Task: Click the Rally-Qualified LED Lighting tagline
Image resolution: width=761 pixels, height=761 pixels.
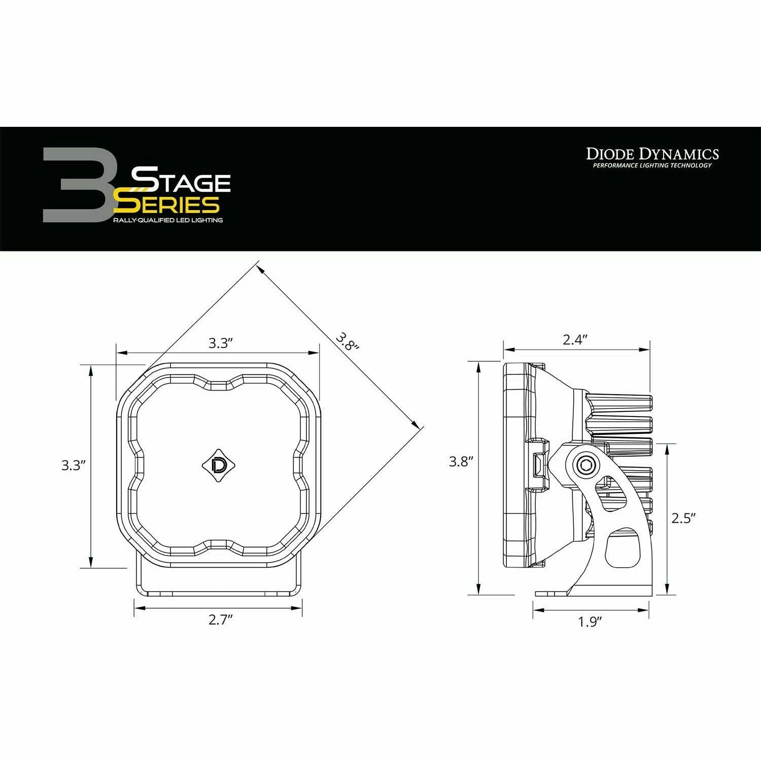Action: (168, 220)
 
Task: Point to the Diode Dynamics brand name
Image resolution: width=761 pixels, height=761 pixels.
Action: (652, 154)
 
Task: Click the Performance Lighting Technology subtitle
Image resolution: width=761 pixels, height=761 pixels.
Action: (652, 165)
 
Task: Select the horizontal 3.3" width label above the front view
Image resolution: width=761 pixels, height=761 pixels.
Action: (220, 343)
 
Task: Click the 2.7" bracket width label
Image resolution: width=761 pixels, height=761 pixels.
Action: (220, 620)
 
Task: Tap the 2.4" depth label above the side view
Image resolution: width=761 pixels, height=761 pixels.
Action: (575, 339)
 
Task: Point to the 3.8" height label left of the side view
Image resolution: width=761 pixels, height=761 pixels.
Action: (461, 462)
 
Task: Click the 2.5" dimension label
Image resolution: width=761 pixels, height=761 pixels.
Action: (683, 518)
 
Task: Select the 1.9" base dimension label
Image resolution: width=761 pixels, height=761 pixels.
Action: (590, 622)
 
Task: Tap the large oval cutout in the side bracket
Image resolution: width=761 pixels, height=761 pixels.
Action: (620, 547)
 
